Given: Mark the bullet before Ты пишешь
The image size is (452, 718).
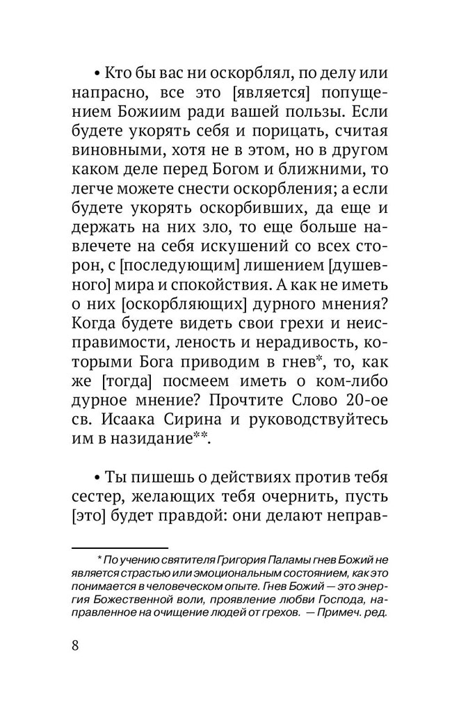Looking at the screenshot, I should tap(97, 479).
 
